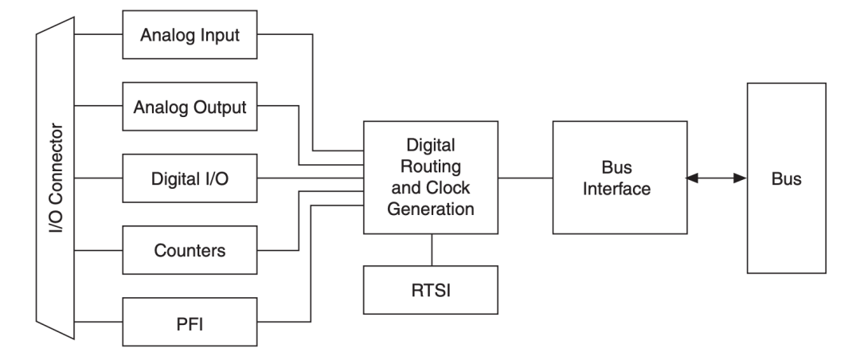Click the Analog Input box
190,35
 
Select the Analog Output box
190,107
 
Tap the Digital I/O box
190,178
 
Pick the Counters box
190,250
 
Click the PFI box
190,322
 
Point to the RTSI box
431,289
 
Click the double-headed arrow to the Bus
715,178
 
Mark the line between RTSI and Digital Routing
431,249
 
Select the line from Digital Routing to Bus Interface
526,178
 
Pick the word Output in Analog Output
215,107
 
